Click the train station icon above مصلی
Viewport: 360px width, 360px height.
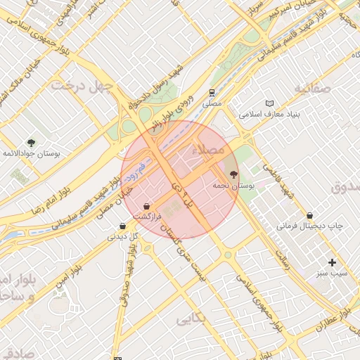point(212,93)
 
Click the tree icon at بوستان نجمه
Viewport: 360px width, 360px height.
point(233,174)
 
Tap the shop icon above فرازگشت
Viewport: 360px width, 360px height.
point(146,207)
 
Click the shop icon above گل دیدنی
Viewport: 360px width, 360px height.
point(123,226)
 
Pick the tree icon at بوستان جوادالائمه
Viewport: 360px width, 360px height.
point(31,142)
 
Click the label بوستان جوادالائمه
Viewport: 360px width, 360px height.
point(31,153)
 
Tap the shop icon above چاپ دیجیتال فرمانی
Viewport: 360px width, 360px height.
point(310,215)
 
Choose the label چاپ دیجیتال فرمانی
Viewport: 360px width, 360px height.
point(309,226)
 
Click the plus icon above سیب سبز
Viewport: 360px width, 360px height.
point(332,262)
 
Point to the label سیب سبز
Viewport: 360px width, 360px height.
point(331,273)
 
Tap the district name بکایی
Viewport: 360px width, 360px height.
point(191,318)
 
